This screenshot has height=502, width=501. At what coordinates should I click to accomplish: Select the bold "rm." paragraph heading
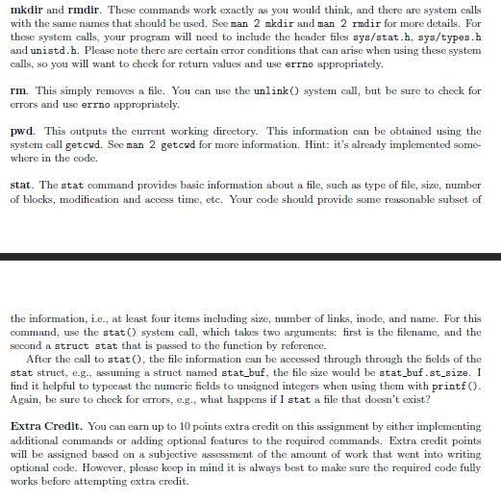(17, 91)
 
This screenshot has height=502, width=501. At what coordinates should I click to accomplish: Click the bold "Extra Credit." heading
(45, 425)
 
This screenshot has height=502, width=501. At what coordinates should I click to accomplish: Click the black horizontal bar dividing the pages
(250, 257)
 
